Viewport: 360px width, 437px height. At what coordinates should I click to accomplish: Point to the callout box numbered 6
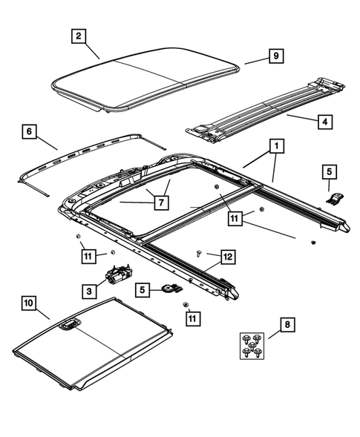(29, 131)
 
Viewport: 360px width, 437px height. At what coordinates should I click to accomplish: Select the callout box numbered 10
(29, 303)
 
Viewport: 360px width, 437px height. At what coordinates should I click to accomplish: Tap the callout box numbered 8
(287, 323)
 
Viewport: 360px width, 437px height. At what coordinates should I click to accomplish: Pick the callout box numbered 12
(227, 257)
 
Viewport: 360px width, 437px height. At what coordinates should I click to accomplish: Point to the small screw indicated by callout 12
(200, 253)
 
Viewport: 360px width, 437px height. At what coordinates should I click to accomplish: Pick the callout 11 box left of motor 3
(88, 257)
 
